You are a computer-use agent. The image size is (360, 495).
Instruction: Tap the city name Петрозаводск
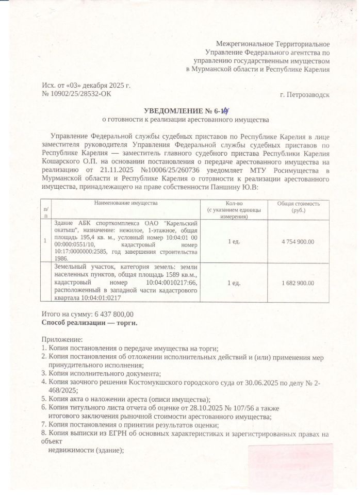tap(304, 95)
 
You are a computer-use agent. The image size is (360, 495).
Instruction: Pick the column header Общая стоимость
tap(298, 204)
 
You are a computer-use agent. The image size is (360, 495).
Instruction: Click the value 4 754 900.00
tap(298, 241)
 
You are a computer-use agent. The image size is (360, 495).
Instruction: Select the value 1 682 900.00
tap(298, 283)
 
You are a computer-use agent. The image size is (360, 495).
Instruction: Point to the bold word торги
tap(126, 323)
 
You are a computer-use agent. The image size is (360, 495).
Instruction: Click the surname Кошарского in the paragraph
tap(59, 161)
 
